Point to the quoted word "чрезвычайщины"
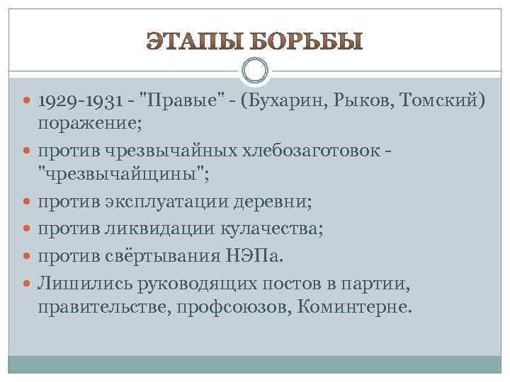pos(112,173)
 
